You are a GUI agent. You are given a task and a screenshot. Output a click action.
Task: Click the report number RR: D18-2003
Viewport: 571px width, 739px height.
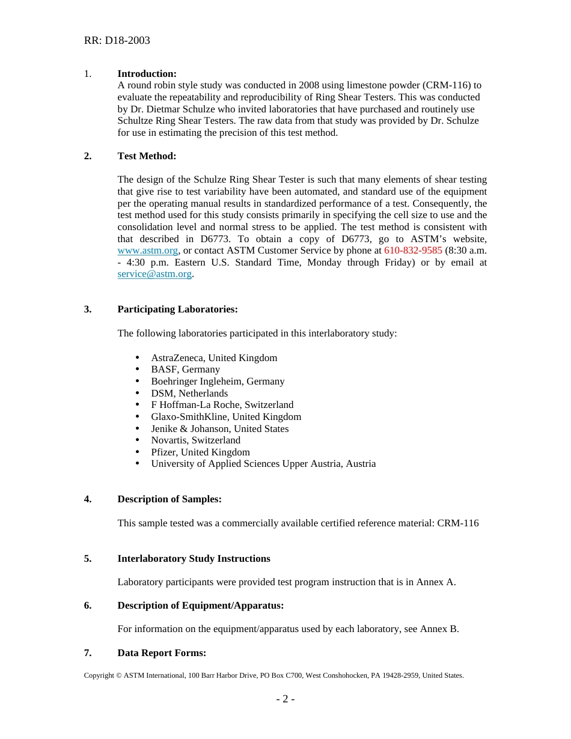point(117,41)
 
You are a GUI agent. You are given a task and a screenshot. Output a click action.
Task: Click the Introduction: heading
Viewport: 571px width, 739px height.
point(147,74)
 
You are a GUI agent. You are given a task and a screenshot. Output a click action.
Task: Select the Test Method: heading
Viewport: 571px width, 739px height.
point(147,156)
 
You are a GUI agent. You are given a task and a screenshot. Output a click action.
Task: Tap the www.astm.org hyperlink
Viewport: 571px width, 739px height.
point(148,251)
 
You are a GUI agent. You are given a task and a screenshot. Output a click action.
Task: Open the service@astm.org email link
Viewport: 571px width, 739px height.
point(154,274)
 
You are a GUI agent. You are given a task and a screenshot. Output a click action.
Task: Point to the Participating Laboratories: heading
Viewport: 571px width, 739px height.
point(177,309)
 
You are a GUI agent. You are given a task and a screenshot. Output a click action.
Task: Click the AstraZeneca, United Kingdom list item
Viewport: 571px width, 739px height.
point(214,358)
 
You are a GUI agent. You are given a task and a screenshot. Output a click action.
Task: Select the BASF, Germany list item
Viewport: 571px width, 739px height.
point(185,369)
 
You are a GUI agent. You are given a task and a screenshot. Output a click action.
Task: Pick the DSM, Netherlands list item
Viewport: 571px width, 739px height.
point(189,394)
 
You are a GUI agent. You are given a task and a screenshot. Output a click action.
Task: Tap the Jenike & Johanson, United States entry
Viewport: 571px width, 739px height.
point(219,429)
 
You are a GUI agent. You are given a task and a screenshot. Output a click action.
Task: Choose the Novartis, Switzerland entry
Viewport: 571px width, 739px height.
point(195,440)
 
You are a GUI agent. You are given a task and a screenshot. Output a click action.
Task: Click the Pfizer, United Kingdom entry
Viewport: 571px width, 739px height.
point(200,452)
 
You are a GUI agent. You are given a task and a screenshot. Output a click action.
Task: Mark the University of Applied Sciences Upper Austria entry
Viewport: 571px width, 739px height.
point(263,464)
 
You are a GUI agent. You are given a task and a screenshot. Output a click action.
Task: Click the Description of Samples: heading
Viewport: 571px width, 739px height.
point(169,499)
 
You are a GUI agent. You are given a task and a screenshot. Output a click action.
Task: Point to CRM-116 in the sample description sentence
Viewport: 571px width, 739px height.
point(457,523)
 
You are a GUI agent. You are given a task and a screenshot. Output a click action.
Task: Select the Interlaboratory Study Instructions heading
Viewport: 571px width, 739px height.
point(194,559)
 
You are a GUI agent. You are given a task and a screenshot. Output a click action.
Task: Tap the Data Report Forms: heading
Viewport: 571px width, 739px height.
point(162,653)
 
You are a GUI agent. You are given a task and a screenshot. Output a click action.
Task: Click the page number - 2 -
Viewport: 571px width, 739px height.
point(285,699)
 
